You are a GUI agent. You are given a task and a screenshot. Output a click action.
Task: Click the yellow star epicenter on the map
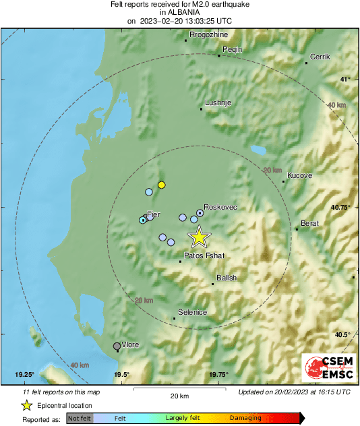[199, 237]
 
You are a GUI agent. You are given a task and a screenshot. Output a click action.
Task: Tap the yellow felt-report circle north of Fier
[161, 185]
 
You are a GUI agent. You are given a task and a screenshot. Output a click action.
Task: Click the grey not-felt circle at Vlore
[117, 346]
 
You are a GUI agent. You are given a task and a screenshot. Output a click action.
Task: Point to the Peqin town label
[232, 49]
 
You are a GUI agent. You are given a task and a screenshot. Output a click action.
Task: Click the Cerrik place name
[320, 57]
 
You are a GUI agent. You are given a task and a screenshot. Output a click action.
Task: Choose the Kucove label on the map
[299, 175]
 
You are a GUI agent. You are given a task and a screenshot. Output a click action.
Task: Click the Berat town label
[308, 222]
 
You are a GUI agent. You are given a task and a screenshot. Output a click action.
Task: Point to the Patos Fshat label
[204, 255]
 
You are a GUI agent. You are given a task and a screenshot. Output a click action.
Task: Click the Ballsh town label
[227, 278]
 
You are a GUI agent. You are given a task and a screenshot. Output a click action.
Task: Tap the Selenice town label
[192, 311]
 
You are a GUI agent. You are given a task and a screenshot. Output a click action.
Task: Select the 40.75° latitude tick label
[340, 208]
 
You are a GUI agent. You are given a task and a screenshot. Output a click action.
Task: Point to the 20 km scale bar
[179, 389]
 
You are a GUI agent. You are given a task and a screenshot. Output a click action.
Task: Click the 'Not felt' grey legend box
[80, 419]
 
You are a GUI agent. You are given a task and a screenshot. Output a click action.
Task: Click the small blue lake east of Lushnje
[258, 150]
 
